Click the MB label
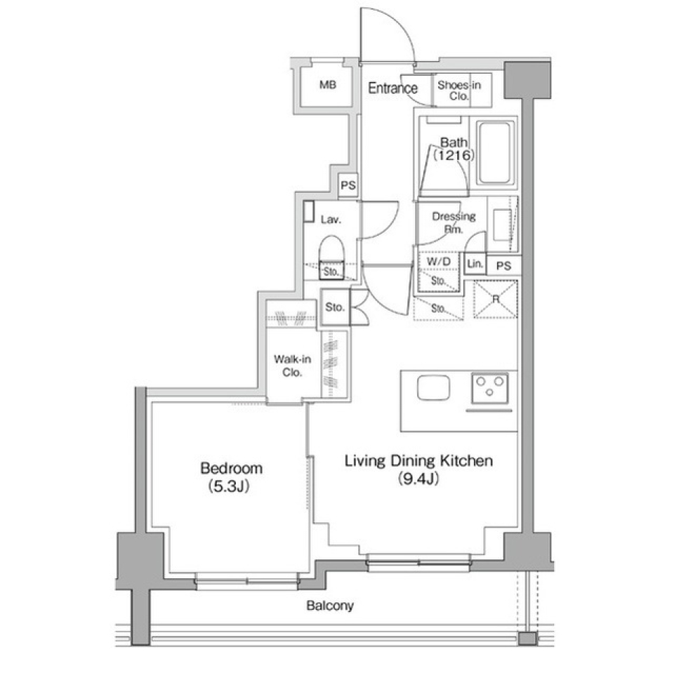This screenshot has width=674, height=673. pyautogui.click(x=328, y=85)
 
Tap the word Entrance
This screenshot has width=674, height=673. pyautogui.click(x=393, y=88)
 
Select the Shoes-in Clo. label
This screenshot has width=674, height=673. pyautogui.click(x=458, y=91)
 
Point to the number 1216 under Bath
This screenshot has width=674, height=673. pyautogui.click(x=454, y=155)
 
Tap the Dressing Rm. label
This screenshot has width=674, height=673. pyautogui.click(x=454, y=222)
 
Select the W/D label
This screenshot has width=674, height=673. pyautogui.click(x=438, y=261)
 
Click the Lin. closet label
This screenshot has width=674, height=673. pyautogui.click(x=475, y=263)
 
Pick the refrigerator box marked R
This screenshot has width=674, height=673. pyautogui.click(x=496, y=299)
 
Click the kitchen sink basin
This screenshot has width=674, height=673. pyautogui.click(x=433, y=387)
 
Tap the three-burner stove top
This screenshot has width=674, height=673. pyautogui.click(x=490, y=389)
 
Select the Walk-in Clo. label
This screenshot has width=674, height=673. pyautogui.click(x=292, y=366)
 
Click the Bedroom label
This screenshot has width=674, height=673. pyautogui.click(x=231, y=467)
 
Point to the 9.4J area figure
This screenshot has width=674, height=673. pyautogui.click(x=418, y=479)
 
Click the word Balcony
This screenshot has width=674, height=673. pyautogui.click(x=330, y=606)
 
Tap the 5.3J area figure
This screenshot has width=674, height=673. pyautogui.click(x=229, y=486)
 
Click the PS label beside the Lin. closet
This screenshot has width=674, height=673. pyautogui.click(x=503, y=265)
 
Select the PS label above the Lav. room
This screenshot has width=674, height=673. pyautogui.click(x=348, y=185)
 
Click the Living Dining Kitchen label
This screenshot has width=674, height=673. pyautogui.click(x=418, y=460)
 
